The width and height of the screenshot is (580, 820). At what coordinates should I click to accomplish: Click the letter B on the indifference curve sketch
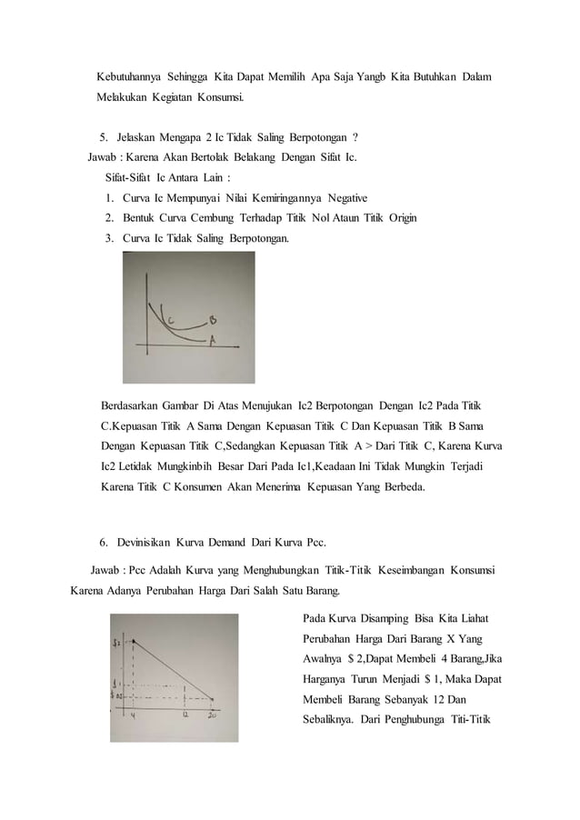pos(212,320)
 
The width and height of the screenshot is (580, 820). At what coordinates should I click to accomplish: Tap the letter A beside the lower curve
pos(212,341)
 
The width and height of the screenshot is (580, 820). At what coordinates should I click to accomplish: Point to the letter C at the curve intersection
pos(170,317)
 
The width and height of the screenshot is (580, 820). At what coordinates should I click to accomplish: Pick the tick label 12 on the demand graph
pos(186,715)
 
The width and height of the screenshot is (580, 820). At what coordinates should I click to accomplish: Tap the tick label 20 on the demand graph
pos(214,715)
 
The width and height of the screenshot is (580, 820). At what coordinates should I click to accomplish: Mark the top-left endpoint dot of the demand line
pos(134,641)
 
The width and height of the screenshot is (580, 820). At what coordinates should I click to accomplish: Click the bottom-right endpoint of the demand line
pos(214,699)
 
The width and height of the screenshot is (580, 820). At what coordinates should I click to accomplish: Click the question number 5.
pos(103,137)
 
